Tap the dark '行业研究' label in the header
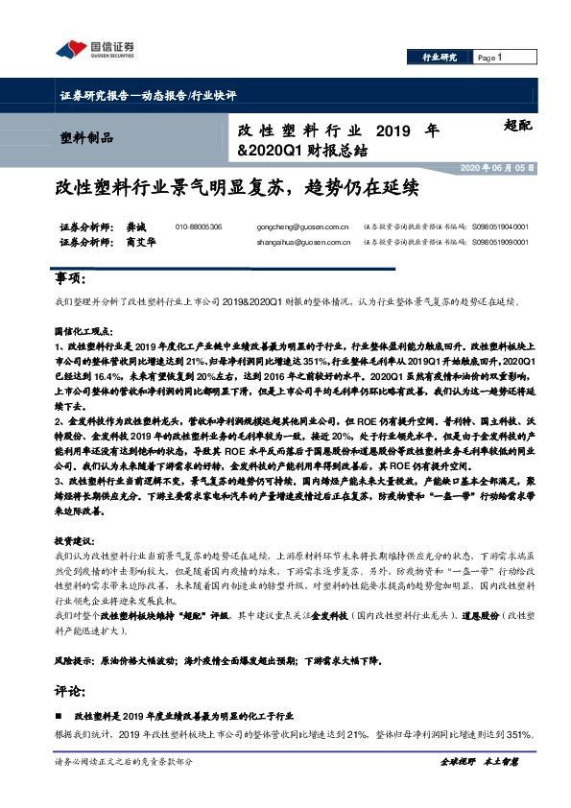(x=440, y=59)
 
